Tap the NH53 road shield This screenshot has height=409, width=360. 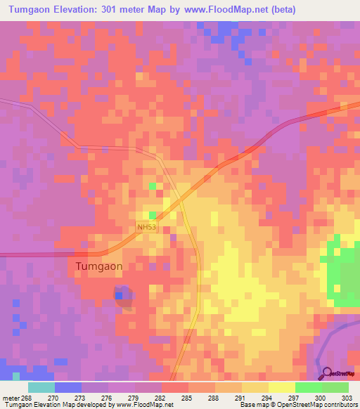coord(146,227)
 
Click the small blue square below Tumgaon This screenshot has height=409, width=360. coord(119,296)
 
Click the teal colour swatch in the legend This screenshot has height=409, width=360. coord(41,387)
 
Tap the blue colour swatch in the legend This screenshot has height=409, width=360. coord(68,387)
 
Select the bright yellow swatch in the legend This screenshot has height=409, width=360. coord(282,387)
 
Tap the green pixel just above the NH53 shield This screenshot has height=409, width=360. coord(152,215)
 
